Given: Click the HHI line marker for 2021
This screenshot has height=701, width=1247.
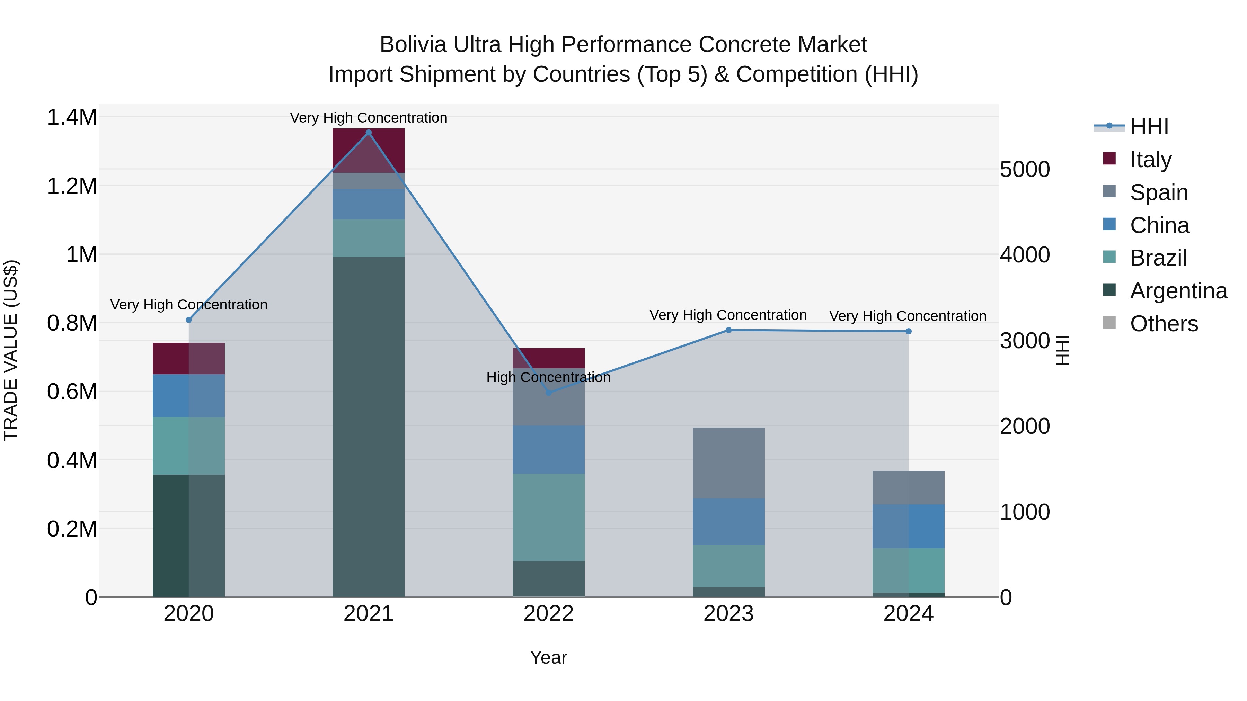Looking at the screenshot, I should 369,133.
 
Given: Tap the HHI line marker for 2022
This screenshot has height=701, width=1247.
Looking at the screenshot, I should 548,392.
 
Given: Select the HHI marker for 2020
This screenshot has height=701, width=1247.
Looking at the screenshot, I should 189,320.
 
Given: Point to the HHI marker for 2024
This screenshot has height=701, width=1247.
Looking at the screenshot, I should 908,331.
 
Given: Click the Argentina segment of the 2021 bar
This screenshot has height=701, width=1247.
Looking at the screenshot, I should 369,426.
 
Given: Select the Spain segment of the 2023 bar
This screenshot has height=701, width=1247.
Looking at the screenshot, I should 728,462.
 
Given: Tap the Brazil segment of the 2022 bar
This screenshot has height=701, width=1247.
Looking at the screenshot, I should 548,517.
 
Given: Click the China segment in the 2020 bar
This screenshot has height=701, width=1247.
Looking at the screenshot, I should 189,395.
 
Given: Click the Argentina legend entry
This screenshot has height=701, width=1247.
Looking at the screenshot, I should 1178,291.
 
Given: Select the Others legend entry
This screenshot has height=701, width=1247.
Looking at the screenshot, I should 1164,324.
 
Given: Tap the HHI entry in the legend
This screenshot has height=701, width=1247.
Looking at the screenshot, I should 1149,127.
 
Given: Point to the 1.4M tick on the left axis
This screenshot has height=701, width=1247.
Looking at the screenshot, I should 72,118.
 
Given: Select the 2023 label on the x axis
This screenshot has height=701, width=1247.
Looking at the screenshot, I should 728,614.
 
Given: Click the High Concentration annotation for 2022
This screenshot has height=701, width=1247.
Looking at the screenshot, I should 548,377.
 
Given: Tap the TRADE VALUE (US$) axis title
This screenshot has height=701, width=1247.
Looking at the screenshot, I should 11,350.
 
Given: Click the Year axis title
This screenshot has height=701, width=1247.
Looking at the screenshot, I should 548,657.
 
